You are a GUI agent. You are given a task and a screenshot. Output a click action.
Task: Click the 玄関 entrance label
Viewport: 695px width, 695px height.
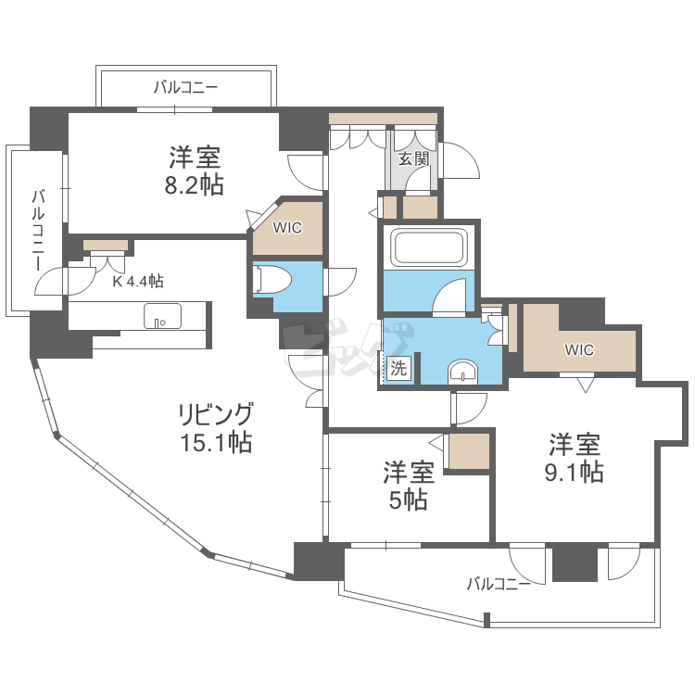413,158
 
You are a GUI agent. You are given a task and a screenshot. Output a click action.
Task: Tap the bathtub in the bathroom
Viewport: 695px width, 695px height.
428,248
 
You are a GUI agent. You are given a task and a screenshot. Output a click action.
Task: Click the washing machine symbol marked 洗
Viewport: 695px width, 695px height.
398,367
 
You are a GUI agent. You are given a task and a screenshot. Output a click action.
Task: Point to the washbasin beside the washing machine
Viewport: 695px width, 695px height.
461,373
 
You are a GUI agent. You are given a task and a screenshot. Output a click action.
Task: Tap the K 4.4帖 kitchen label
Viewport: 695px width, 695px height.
138,281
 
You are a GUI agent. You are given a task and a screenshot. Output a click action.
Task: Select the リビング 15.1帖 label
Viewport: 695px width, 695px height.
215,427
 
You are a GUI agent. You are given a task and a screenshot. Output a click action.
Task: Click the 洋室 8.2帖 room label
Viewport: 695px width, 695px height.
195,170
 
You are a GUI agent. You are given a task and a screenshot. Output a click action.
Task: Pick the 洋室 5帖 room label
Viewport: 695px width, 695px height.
409,486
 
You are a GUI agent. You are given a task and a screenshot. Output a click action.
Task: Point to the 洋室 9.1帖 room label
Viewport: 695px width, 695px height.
575,458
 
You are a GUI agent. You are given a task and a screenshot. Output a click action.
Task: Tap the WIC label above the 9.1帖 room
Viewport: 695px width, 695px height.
579,349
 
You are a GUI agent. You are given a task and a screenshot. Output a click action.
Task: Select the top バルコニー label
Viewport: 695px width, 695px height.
185,88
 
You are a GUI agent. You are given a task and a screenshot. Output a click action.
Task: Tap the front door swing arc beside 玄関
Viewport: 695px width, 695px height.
461,163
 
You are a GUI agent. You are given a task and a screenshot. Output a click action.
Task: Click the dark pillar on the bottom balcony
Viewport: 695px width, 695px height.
575,564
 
